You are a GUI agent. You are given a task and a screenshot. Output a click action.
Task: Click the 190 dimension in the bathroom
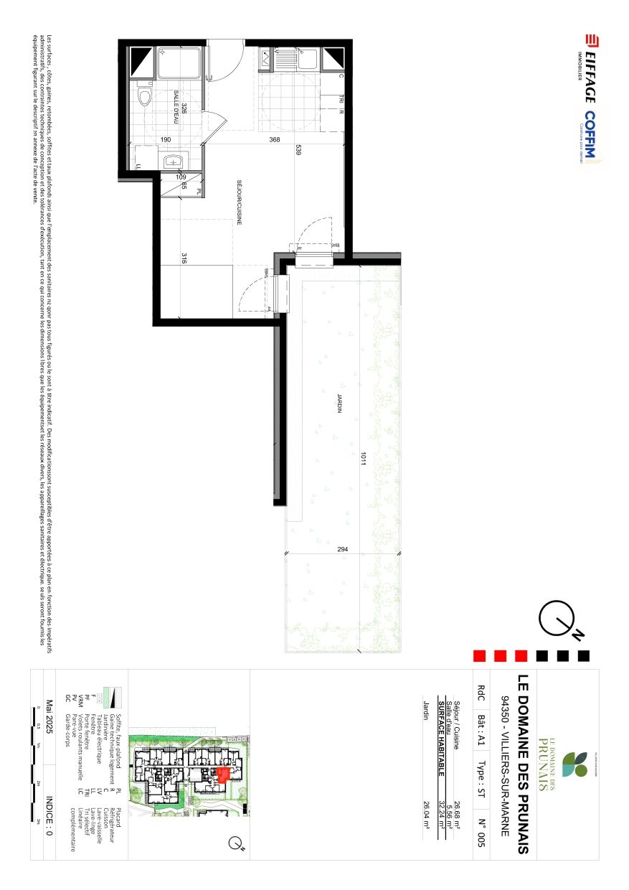click(x=166, y=140)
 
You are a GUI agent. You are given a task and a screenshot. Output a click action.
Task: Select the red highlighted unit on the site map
click(x=222, y=774)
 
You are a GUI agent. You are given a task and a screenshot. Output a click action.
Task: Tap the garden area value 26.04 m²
click(x=424, y=815)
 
